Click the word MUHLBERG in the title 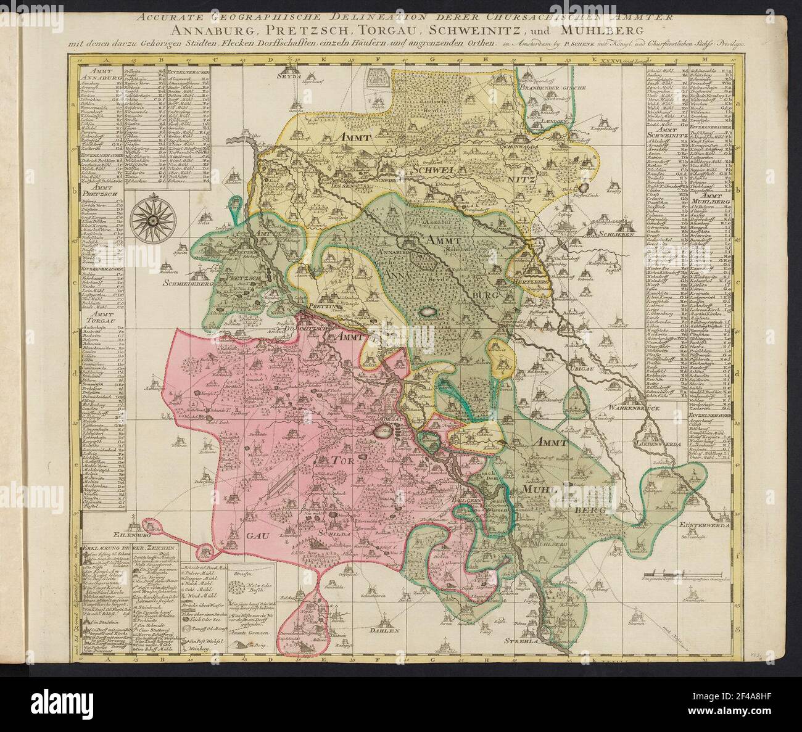pos(605,30)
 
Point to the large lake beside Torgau pos(376,430)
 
